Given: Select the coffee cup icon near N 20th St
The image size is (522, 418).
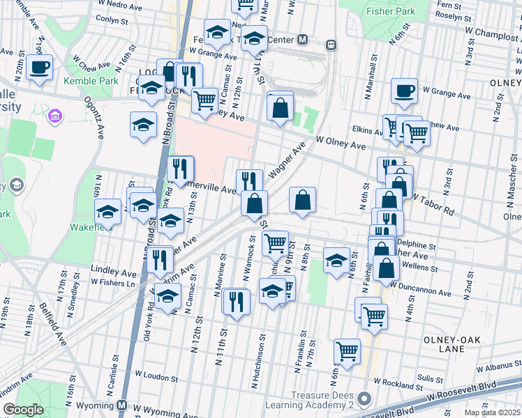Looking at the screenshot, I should (x=39, y=68).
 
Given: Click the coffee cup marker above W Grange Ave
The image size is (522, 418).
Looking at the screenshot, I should (x=404, y=91).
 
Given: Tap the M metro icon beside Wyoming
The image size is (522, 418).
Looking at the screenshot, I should (x=122, y=405).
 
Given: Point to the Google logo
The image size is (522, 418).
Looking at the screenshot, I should (x=23, y=410).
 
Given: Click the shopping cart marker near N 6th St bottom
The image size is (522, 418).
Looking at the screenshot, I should (x=347, y=352).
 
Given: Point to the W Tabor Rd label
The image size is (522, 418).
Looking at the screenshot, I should (x=433, y=203).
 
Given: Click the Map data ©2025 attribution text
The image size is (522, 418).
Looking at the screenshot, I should (x=492, y=412).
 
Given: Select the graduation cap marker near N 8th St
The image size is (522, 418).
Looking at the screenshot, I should (x=336, y=261).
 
